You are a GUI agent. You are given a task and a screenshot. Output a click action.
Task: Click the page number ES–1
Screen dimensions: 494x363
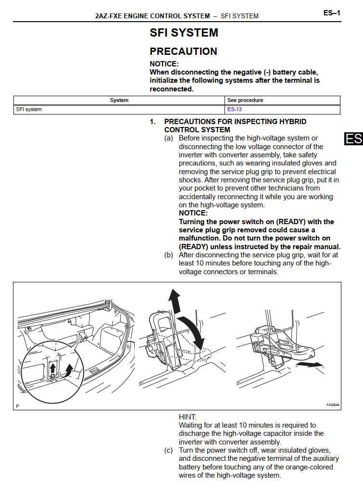click(332, 13)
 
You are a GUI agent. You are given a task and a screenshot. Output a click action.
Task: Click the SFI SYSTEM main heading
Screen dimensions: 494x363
click(184, 33)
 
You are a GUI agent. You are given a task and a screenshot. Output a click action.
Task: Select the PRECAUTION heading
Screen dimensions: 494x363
click(183, 51)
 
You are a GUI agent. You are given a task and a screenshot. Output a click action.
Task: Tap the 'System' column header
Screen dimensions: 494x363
click(119, 101)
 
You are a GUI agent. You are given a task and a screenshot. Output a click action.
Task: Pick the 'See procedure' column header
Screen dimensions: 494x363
click(245, 101)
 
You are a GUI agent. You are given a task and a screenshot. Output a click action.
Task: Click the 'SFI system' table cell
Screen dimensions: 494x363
click(29, 110)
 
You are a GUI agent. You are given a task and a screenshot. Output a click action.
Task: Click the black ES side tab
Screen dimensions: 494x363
click(353, 139)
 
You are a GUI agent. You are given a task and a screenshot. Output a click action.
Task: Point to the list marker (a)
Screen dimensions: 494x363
click(169, 139)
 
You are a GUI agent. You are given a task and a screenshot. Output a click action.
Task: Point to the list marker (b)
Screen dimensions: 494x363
click(169, 255)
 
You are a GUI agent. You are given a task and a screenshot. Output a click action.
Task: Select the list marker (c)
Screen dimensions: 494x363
click(169, 450)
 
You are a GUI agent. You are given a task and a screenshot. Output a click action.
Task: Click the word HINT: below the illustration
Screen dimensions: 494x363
click(188, 417)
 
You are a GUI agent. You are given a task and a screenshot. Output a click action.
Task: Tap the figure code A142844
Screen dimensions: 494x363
click(333, 405)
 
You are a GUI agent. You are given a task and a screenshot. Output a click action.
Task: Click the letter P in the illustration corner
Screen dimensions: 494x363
click(18, 406)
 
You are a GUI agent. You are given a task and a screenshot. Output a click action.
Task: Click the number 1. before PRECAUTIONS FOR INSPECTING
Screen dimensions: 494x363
click(153, 122)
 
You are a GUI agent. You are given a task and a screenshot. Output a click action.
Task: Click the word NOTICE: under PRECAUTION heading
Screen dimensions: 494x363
click(164, 64)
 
